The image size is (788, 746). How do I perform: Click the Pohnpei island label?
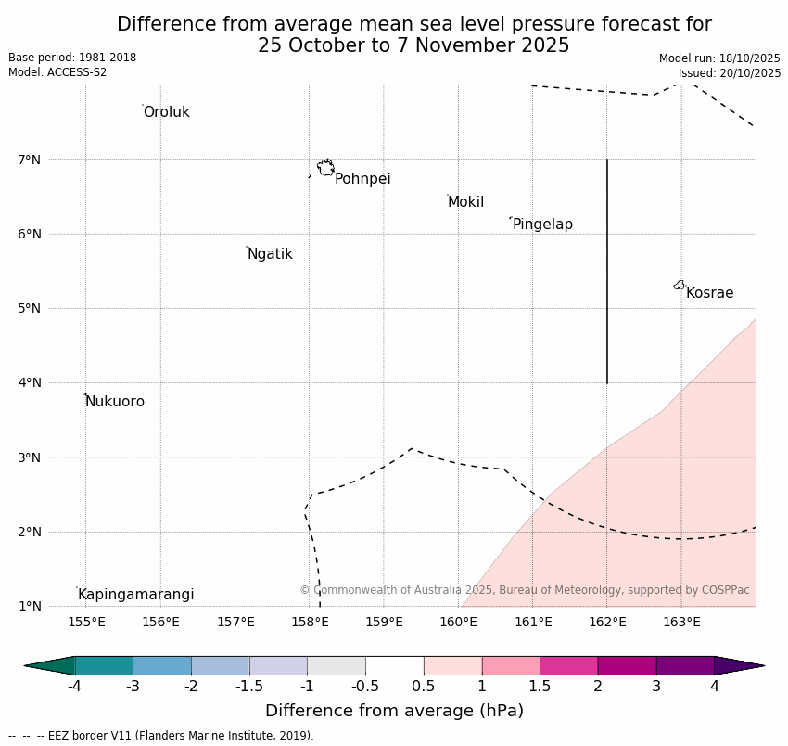point(362,179)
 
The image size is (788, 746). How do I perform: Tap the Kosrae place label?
point(709,293)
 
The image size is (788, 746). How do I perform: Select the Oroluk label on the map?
point(166,112)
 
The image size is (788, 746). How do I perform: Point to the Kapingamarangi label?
point(135,595)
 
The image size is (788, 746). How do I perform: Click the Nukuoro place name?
point(115,402)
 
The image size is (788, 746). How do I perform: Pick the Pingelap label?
point(542,225)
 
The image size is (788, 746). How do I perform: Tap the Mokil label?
point(465,202)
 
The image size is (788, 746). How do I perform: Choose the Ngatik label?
point(270,254)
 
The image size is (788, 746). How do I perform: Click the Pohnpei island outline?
point(325,168)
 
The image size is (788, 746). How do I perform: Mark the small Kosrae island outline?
point(680,285)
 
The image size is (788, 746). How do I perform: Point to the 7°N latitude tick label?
point(30,160)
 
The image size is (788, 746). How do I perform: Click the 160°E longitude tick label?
point(459,622)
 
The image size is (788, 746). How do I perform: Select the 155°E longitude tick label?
point(86,622)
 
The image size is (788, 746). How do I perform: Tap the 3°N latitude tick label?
point(30,457)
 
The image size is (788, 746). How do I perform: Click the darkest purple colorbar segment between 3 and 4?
point(685,665)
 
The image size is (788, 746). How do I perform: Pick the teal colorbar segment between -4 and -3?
point(104,665)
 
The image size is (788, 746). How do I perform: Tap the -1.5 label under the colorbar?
point(249,687)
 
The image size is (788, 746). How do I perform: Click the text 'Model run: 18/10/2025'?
point(719,58)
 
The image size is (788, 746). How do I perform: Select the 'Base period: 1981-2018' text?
point(72,58)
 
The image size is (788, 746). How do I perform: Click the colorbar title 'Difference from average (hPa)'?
point(394,712)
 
